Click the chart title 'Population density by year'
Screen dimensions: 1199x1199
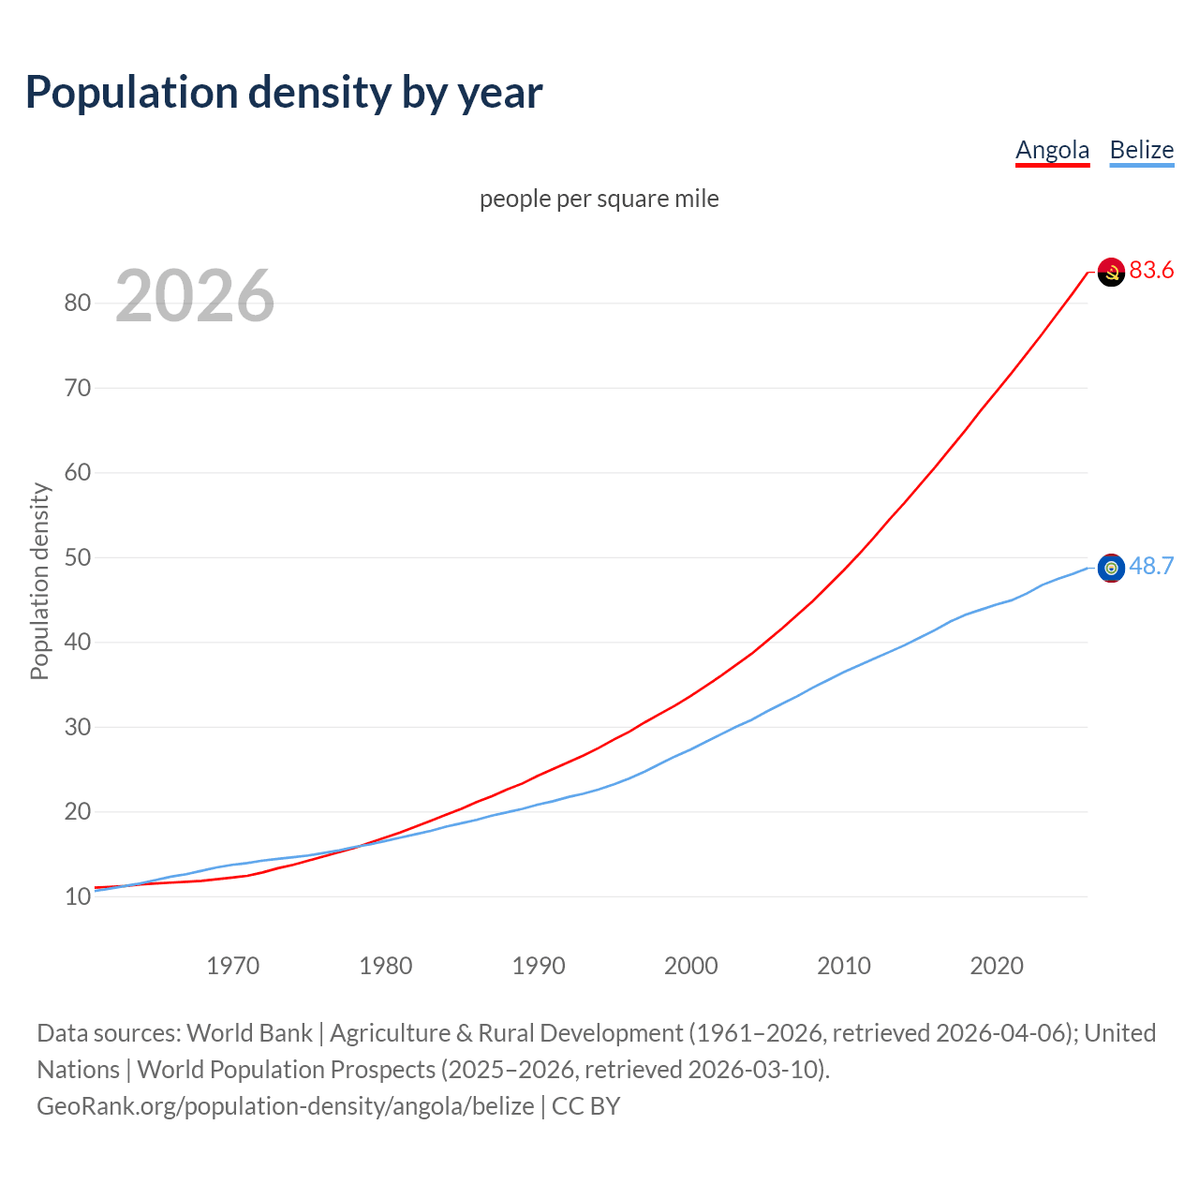tap(284, 92)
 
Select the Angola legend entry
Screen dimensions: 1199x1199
tap(1052, 150)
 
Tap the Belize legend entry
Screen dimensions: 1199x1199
tap(1141, 150)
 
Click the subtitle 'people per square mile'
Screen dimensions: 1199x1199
tap(599, 199)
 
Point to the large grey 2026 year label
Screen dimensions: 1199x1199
tap(195, 296)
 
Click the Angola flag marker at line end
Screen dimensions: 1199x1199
tap(1111, 272)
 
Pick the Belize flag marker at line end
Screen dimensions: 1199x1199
tap(1111, 568)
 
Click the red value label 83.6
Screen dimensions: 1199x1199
tap(1151, 270)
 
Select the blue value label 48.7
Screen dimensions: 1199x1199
tap(1151, 566)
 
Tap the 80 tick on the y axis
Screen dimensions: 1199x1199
tap(77, 303)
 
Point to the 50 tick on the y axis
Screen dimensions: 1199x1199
tap(77, 557)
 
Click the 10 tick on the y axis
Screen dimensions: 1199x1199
tap(77, 896)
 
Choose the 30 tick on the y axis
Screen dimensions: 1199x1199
tap(77, 727)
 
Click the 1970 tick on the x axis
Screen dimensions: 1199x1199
tap(232, 966)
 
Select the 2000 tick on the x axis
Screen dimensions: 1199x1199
tap(690, 966)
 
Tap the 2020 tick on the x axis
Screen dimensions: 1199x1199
tap(996, 966)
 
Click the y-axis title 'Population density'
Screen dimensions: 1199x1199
tap(39, 581)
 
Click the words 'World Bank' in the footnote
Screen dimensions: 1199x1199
tap(249, 1033)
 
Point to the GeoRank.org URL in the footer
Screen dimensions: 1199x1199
tap(286, 1106)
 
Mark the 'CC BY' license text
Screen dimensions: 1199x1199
tap(585, 1106)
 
